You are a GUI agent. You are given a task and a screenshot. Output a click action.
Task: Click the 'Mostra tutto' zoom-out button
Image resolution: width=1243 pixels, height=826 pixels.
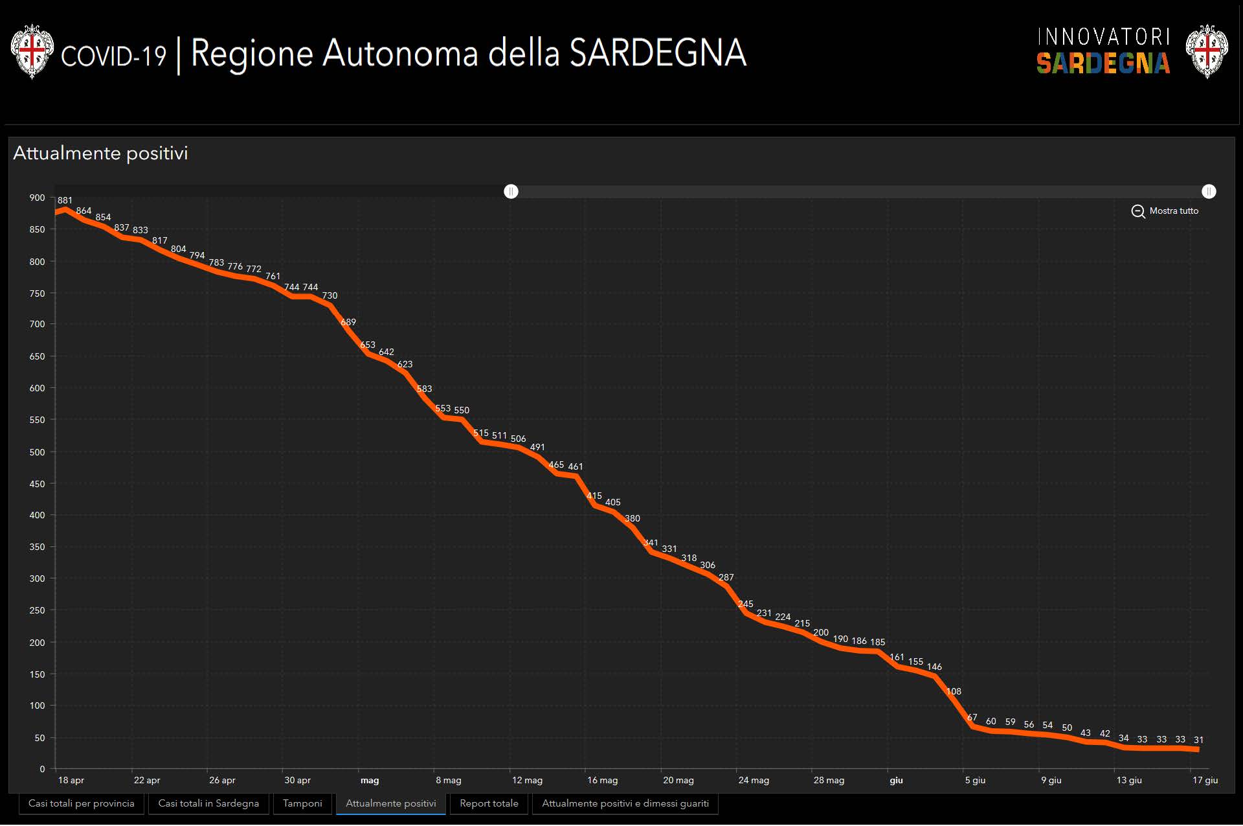click(x=1165, y=211)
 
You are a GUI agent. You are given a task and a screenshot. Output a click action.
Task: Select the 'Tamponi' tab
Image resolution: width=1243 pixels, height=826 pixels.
click(x=302, y=803)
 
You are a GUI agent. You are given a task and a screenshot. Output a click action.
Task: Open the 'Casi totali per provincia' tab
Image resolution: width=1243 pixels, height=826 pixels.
click(x=82, y=803)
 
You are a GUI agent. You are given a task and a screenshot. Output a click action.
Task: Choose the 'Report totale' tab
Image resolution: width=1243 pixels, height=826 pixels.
click(x=489, y=803)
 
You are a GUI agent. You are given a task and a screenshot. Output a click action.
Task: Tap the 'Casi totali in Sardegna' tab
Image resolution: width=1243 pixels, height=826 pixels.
click(x=208, y=803)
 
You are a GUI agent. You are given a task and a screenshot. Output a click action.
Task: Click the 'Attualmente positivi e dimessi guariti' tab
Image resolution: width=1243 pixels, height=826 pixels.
click(x=625, y=803)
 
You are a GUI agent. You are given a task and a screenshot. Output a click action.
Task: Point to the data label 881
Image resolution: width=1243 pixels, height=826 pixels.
click(x=65, y=201)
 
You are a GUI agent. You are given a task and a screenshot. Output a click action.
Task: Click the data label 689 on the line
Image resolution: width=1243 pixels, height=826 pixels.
click(x=348, y=322)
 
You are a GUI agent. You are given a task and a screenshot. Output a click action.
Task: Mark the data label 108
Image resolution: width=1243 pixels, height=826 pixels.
click(x=954, y=691)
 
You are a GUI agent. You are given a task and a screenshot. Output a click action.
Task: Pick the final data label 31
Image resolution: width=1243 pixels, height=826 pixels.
click(x=1198, y=740)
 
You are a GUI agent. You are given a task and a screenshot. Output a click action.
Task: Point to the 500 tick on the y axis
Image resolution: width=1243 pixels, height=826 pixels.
click(x=38, y=452)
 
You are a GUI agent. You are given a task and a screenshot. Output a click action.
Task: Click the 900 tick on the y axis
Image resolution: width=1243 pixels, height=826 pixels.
click(x=38, y=198)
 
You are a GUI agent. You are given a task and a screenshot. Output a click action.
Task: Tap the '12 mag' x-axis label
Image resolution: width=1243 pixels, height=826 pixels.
click(x=527, y=780)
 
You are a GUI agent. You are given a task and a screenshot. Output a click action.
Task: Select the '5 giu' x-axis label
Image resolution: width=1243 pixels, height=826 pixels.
click(x=975, y=780)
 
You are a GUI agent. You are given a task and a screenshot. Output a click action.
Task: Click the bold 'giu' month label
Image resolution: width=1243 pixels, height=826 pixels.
click(x=896, y=780)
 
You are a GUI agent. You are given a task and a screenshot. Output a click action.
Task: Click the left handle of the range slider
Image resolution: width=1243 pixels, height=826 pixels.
click(x=511, y=192)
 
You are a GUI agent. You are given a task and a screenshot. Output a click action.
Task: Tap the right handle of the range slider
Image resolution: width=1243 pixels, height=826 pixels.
click(x=1209, y=192)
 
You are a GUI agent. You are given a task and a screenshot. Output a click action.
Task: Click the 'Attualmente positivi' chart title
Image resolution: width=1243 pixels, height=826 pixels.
click(x=100, y=154)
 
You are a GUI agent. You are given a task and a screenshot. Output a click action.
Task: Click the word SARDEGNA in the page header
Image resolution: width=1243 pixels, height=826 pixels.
click(x=658, y=53)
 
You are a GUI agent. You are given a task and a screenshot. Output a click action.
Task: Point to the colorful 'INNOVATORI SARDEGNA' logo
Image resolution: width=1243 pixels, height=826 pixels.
click(x=1103, y=51)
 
